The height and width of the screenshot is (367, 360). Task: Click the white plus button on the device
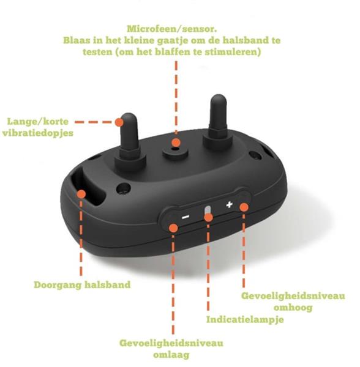coord(229,204)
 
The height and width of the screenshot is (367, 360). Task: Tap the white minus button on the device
coord(186,217)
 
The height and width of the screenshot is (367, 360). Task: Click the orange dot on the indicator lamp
coord(208,217)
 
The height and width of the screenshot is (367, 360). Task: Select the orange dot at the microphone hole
coord(176,143)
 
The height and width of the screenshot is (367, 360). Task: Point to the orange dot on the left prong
coord(119,122)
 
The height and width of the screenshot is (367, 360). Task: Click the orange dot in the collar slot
coord(81,194)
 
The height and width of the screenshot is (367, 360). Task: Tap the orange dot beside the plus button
coord(244,207)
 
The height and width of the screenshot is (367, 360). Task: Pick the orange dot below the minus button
coord(173,228)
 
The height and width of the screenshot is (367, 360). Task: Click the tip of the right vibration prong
coord(219,95)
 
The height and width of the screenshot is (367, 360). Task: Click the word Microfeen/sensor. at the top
coord(172,29)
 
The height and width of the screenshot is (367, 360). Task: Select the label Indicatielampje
coord(245,320)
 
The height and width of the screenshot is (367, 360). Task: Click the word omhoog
coord(293,307)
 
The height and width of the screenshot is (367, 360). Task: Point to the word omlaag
coord(171,355)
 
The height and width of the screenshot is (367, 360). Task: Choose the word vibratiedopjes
coord(38,133)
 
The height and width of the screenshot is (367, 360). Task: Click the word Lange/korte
coord(38,122)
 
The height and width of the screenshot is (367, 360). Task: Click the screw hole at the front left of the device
coord(124,188)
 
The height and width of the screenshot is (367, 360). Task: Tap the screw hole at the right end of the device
coord(255,155)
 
